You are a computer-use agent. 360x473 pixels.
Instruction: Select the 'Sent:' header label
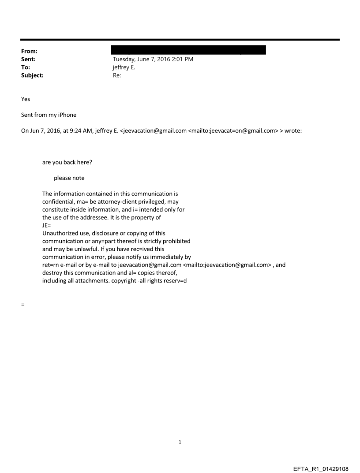[x=28, y=59]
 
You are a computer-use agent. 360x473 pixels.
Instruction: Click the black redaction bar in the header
[x=189, y=49]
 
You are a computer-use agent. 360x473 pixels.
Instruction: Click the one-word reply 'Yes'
[x=26, y=99]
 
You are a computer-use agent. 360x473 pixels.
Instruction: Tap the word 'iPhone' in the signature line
[x=67, y=115]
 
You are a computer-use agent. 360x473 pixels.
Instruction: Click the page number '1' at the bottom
[x=180, y=442]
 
